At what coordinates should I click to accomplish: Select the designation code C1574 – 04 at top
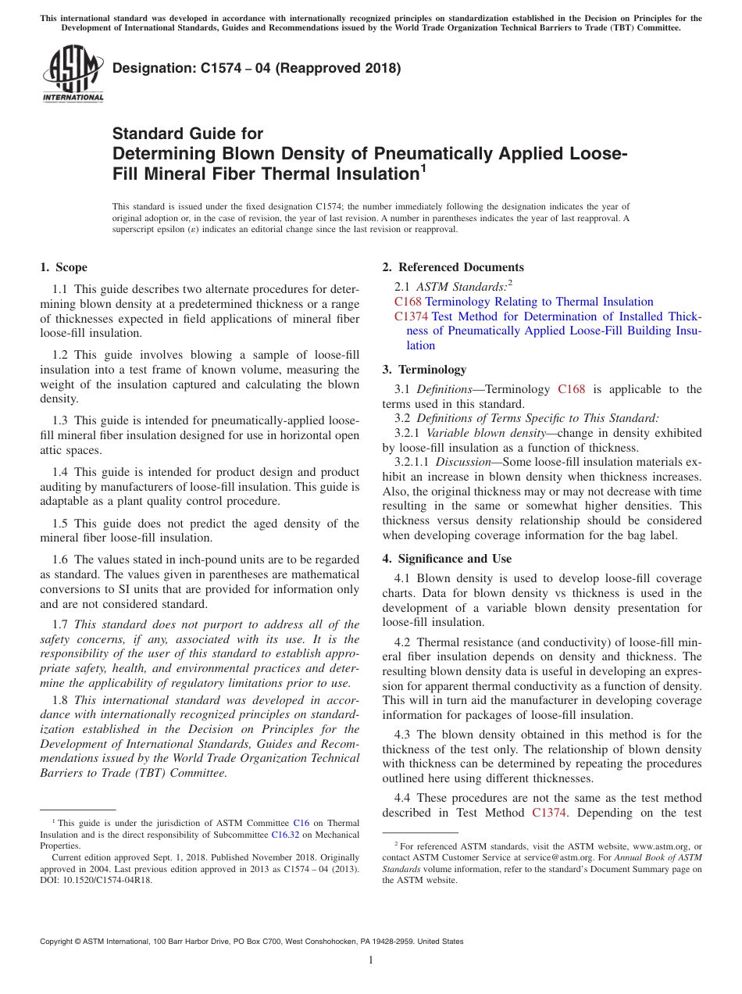tap(256, 68)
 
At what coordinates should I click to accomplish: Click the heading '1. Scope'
tap(63, 267)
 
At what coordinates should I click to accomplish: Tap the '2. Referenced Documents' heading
tap(452, 267)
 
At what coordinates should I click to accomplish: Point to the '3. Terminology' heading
tap(424, 370)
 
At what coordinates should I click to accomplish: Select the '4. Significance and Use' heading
tap(447, 559)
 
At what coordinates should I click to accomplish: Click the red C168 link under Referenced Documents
tap(408, 302)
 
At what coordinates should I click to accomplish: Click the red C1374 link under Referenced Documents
tap(412, 316)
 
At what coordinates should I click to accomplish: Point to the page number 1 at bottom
tap(371, 960)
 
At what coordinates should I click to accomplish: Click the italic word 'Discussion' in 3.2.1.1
tap(468, 463)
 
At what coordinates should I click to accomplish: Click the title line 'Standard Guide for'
tap(188, 134)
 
